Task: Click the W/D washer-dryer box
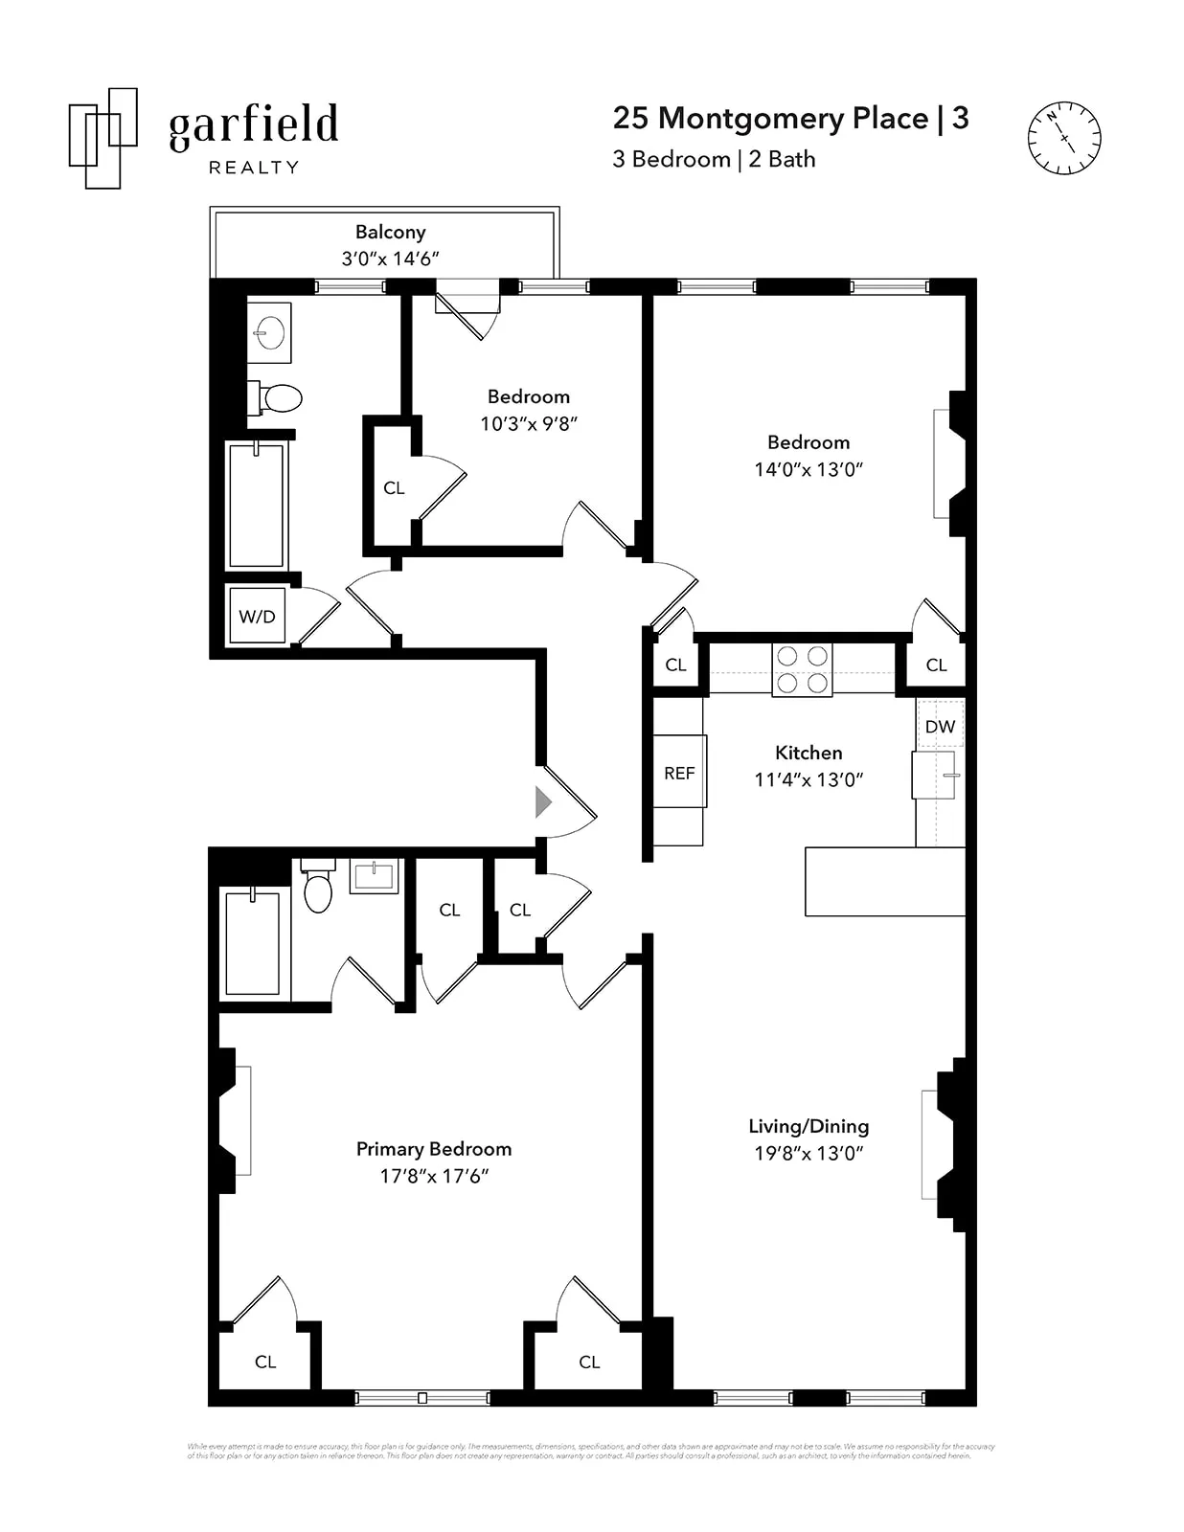pyautogui.click(x=257, y=617)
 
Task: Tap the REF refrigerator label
pyautogui.click(x=679, y=773)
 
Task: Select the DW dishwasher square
pyautogui.click(x=940, y=726)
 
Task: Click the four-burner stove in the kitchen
pyautogui.click(x=802, y=669)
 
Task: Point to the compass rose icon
pyautogui.click(x=1063, y=138)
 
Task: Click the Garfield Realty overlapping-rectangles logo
pyautogui.click(x=102, y=138)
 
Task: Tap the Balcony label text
pyautogui.click(x=390, y=232)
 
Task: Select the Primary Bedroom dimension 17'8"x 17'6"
pyautogui.click(x=434, y=1176)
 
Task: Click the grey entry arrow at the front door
pyautogui.click(x=543, y=801)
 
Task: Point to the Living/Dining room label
pyautogui.click(x=808, y=1126)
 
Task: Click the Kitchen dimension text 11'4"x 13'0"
pyautogui.click(x=808, y=779)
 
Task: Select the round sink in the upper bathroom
pyautogui.click(x=269, y=333)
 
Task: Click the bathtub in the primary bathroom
pyautogui.click(x=252, y=943)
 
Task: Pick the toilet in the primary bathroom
pyautogui.click(x=318, y=888)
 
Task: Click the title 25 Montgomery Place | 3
pyautogui.click(x=790, y=118)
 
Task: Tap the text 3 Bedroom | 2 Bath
pyautogui.click(x=714, y=159)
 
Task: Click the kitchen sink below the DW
pyautogui.click(x=936, y=775)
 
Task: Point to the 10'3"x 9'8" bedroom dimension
pyautogui.click(x=529, y=423)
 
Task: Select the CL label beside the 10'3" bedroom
pyautogui.click(x=394, y=488)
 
